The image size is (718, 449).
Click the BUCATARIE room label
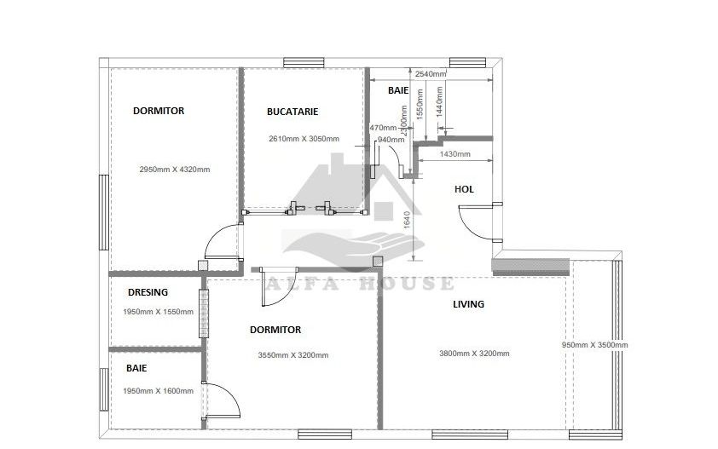[292, 112]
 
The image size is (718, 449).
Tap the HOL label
[464, 189]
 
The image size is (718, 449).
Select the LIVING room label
[468, 304]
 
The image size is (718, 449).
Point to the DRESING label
[148, 292]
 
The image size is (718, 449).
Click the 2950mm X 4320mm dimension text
[174, 170]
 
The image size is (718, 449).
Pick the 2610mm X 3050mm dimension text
[304, 139]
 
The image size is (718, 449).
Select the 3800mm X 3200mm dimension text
[474, 354]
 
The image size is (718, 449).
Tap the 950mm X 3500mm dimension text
[594, 345]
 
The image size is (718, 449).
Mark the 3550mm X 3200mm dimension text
[292, 356]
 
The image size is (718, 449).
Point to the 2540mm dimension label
[430, 74]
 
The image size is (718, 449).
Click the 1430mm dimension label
[455, 154]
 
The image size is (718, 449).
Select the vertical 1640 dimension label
[408, 221]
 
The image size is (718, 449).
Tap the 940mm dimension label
[390, 140]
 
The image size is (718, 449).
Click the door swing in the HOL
[472, 224]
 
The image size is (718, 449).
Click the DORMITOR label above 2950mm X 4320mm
[158, 111]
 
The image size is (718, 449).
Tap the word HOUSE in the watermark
[412, 284]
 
